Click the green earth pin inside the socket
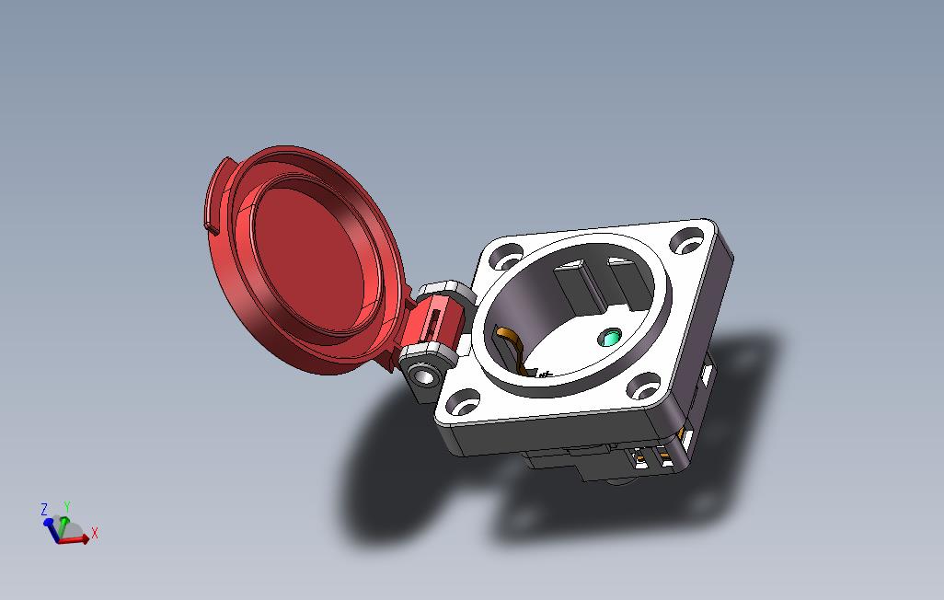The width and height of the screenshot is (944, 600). (x=608, y=339)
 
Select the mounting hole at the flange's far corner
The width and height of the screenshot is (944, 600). (x=685, y=244)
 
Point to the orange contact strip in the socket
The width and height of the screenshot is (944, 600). (x=512, y=342)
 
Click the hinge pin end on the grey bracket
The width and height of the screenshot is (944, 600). (x=424, y=375)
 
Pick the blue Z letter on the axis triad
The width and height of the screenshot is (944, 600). (x=43, y=509)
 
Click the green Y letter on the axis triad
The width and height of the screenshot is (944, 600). (x=67, y=506)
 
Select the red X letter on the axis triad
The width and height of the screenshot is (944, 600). (x=95, y=532)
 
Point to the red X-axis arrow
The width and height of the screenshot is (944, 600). (x=77, y=539)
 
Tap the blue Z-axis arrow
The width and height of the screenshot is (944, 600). (x=48, y=524)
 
